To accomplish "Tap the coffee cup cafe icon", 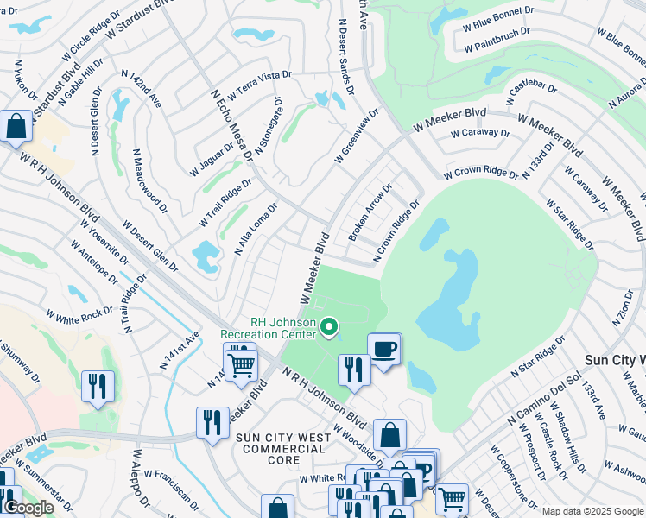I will pos(384,350).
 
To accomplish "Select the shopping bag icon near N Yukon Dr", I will pos(16,126).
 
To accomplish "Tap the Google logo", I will pos(28,508).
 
